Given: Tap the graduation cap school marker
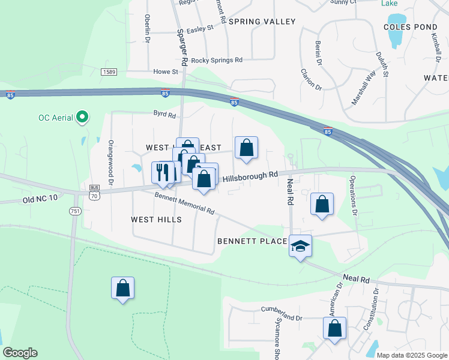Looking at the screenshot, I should coord(300,246).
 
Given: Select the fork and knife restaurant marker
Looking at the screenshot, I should coord(162,173).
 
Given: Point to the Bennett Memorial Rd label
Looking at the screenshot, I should coord(184,203).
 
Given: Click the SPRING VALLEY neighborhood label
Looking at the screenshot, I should coord(262,22).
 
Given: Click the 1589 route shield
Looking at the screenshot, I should coord(109,72).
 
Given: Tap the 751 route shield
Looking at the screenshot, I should coord(75,211).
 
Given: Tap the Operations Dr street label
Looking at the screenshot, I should coord(353,195).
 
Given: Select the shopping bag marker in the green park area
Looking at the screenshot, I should coord(122,289).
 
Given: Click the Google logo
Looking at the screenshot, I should coord(20,353).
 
